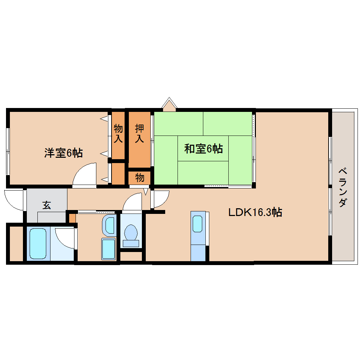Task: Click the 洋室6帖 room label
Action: tap(63, 153)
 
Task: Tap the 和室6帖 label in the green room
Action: tap(203, 149)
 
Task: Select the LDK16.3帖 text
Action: tap(254, 212)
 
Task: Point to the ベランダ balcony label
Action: tap(342, 187)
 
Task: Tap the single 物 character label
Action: tap(139, 178)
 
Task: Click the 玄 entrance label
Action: tap(47, 205)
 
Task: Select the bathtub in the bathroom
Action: tap(38, 244)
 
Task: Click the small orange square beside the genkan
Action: tap(72, 218)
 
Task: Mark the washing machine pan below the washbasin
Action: tap(108, 249)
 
